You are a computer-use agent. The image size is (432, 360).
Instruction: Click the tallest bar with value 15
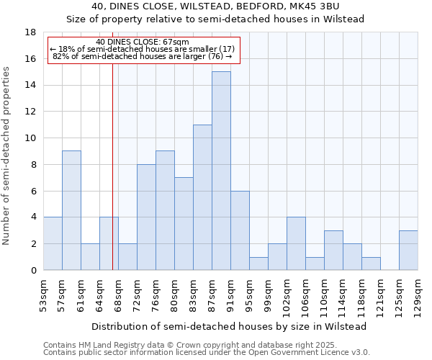tap(221, 171)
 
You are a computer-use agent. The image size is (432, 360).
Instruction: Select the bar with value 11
tap(202, 197)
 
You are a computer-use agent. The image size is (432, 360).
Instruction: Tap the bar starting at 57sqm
tap(71, 210)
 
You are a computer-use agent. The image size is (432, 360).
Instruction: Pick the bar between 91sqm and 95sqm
tap(240, 230)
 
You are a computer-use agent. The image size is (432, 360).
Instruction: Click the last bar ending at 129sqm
tap(408, 250)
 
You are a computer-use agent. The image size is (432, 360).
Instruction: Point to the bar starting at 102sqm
tap(296, 243)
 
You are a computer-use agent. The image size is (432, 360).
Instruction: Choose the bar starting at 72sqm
tap(146, 217)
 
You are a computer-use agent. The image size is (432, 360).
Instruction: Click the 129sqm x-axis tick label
tap(418, 294)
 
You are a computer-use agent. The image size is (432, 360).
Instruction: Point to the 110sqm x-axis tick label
tap(324, 294)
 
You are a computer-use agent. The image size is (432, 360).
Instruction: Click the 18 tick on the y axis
tap(31, 32)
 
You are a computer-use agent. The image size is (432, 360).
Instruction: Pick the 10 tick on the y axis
tap(31, 138)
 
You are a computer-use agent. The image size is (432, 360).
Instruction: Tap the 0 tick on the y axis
tap(33, 270)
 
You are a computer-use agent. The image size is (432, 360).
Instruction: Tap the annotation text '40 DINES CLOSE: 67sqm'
tap(143, 42)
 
